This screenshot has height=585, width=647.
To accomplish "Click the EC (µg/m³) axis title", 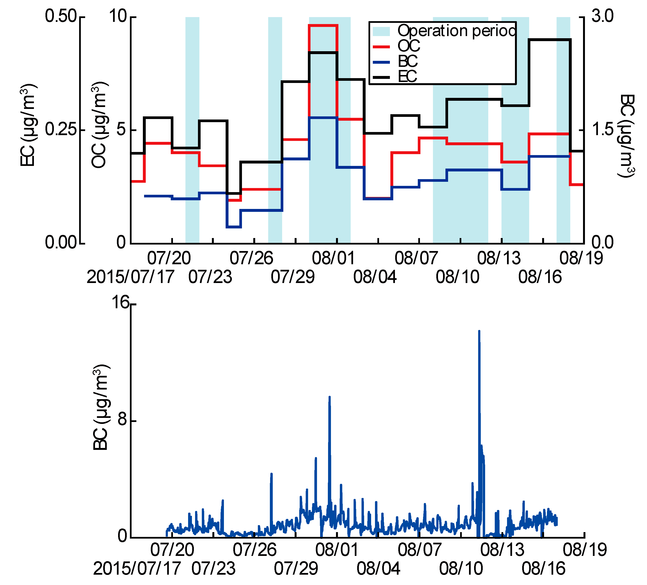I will coord(28,125).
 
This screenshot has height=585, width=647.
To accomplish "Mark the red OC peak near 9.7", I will coord(323,25).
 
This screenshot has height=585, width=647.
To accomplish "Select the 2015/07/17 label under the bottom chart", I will coord(137,569).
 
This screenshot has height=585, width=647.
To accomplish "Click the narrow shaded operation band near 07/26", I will coord(275,128).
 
